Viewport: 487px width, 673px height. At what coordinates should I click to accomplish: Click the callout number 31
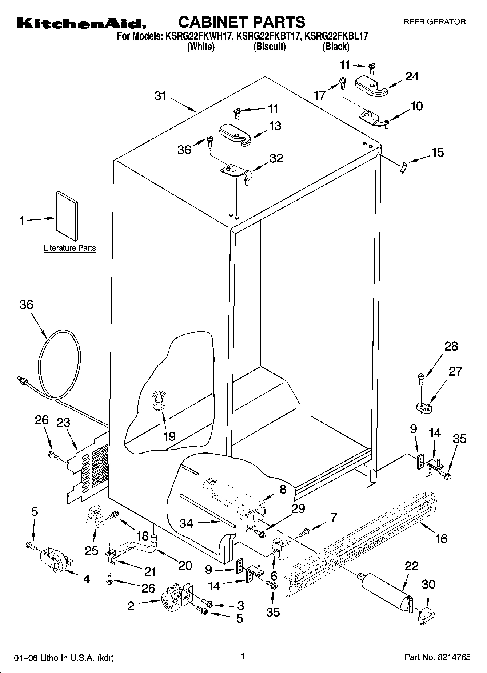coord(160,96)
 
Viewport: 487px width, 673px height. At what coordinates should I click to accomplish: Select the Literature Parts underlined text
coord(70,248)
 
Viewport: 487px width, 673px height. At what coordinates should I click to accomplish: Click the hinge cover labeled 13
coord(236,134)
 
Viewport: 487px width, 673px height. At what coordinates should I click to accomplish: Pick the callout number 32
coord(276,158)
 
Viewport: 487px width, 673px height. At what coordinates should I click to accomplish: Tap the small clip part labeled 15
coord(403,168)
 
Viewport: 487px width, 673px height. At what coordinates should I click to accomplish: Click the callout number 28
coord(451,346)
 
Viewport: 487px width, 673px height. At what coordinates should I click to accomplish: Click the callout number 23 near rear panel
coord(63,423)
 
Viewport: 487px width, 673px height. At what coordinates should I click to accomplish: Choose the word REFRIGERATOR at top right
coord(434,22)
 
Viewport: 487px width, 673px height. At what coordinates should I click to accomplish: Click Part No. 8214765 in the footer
coord(438,657)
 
